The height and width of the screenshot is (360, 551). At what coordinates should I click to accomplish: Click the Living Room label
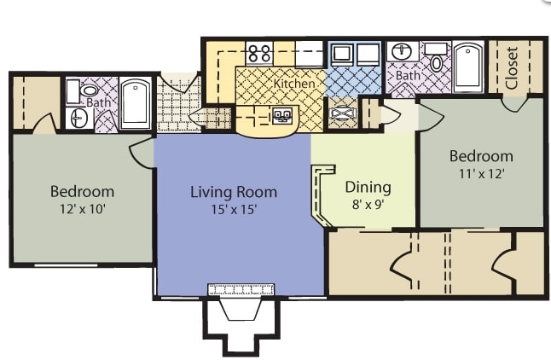234,192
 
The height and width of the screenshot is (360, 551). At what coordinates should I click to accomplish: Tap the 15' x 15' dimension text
234,210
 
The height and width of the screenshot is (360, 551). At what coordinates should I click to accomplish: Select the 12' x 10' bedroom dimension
83,210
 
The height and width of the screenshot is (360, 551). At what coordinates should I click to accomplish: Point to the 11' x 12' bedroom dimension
482,174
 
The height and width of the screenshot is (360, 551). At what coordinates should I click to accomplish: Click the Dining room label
368,188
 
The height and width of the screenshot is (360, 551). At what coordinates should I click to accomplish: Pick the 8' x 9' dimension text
368,204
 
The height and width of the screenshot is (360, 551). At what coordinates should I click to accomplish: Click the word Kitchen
294,84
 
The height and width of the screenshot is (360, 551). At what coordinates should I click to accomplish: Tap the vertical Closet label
511,68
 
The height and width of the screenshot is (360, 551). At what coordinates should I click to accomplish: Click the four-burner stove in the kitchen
259,53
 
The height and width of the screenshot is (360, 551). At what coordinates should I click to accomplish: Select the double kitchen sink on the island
282,116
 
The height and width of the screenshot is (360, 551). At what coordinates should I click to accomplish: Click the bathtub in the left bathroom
136,103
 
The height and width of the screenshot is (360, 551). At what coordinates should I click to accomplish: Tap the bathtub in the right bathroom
468,67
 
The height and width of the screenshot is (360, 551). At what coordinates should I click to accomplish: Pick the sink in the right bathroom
403,52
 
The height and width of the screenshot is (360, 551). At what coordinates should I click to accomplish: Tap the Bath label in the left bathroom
98,102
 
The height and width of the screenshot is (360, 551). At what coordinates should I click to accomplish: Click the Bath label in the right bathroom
408,75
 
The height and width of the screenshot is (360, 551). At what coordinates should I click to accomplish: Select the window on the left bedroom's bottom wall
66,265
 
